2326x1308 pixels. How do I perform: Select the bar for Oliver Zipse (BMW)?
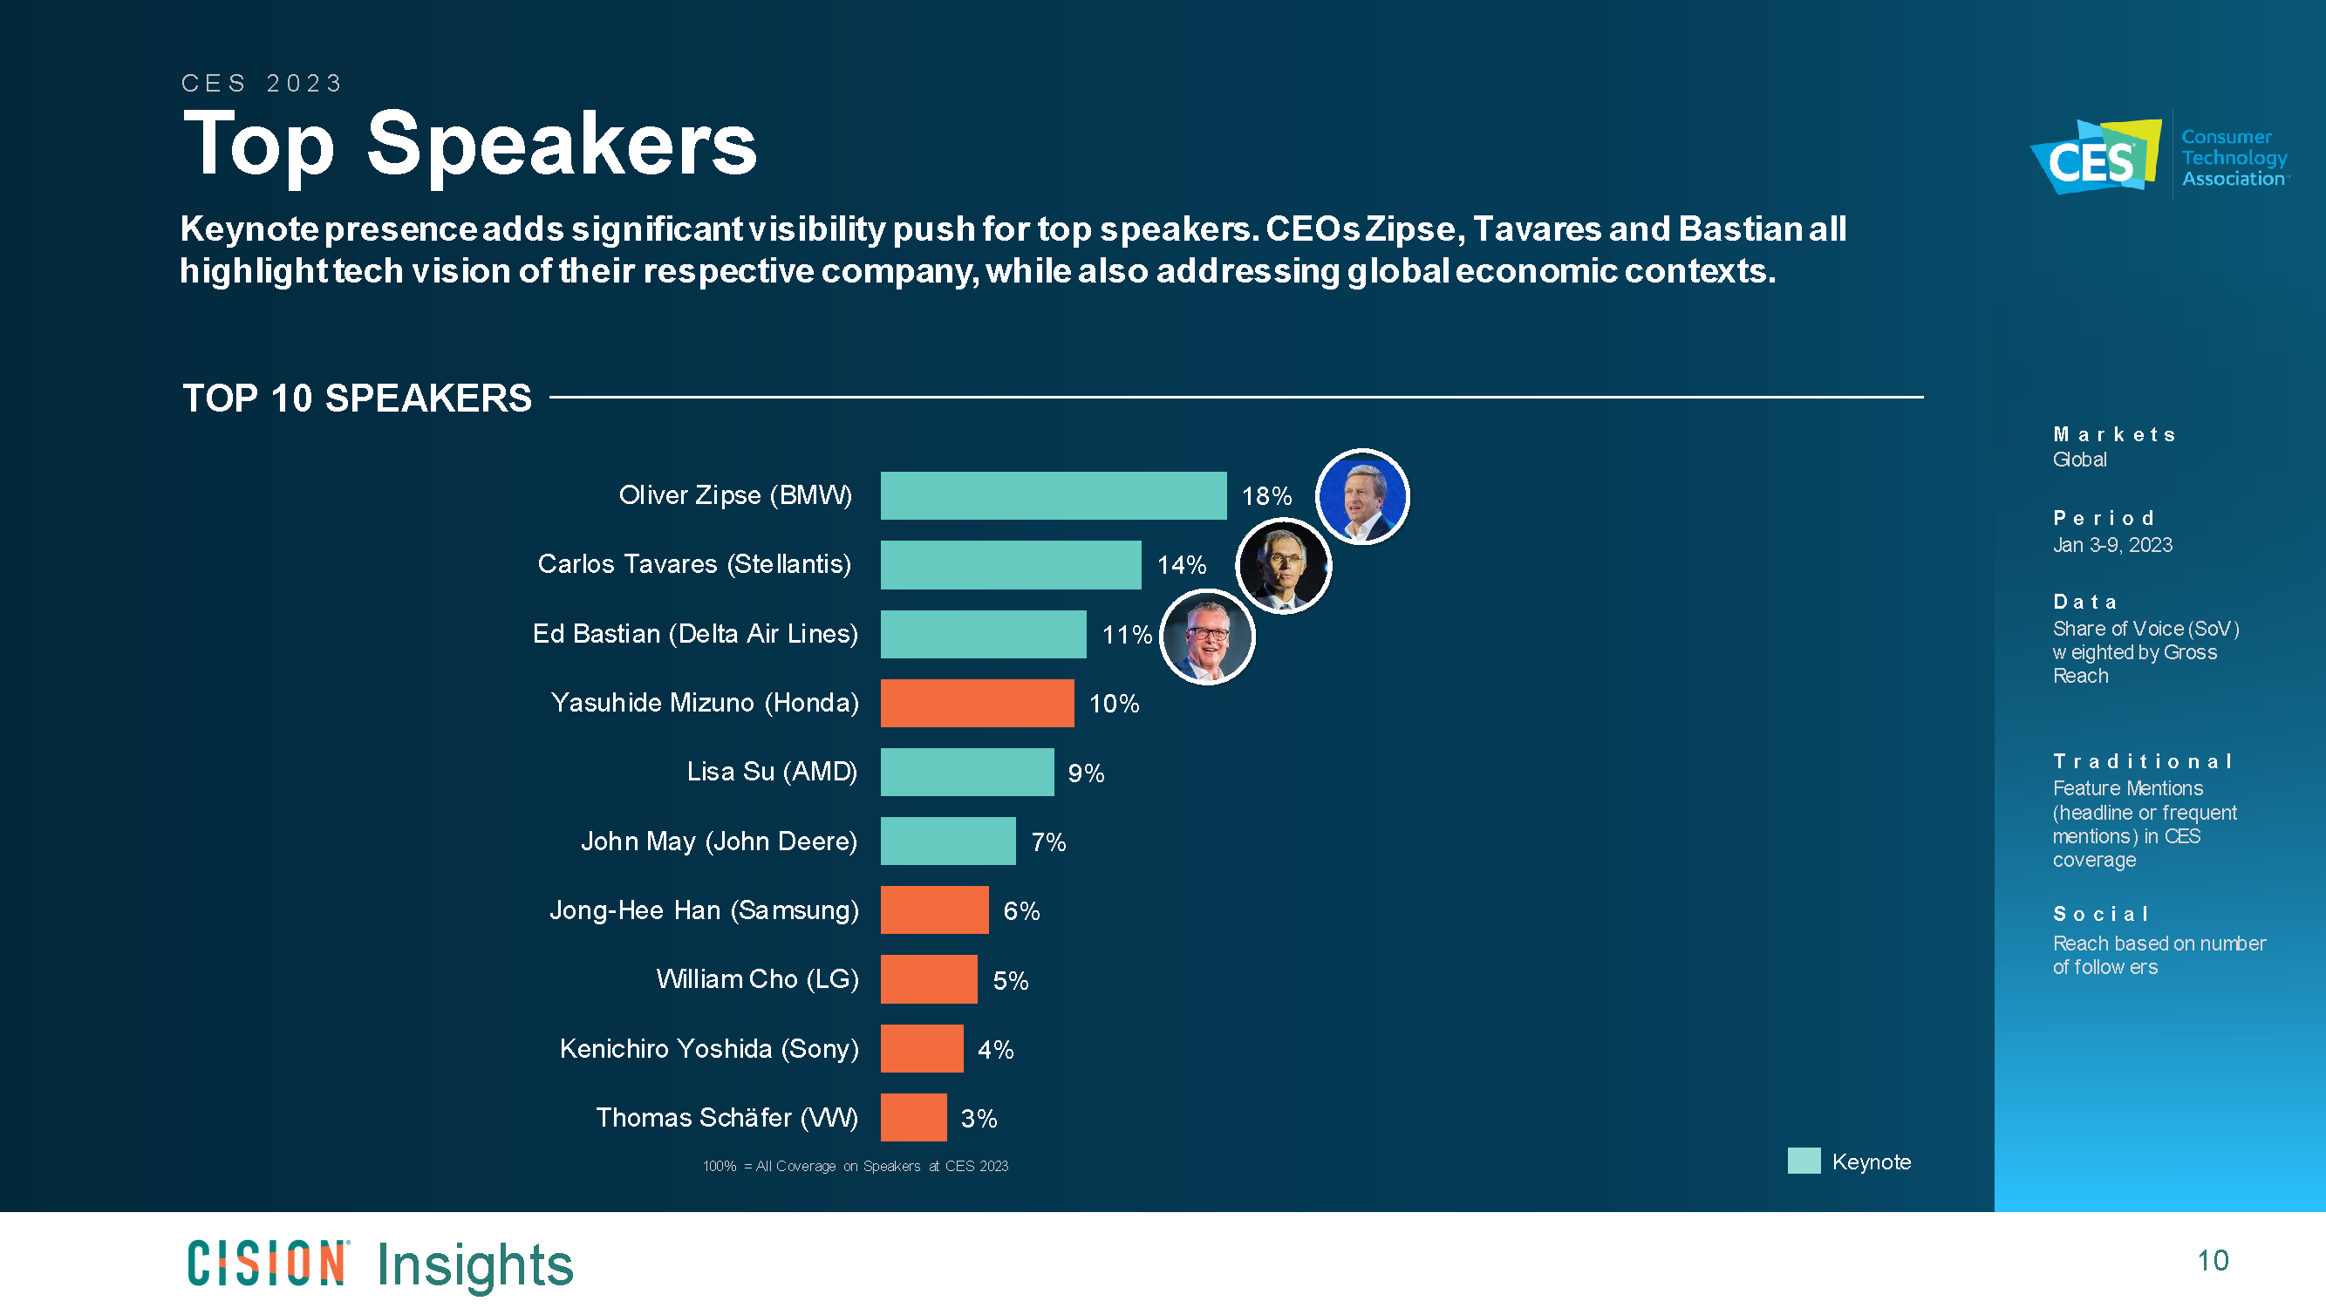tap(1053, 495)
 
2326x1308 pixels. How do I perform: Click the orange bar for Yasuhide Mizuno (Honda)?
tap(977, 703)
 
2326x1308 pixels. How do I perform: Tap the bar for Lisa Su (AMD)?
tap(967, 772)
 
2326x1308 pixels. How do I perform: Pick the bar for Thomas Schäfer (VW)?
tap(913, 1118)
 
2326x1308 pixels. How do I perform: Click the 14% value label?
tap(1181, 565)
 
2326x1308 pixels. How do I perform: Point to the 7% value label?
tap(1048, 842)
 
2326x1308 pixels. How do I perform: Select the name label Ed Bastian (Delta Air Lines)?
tap(694, 634)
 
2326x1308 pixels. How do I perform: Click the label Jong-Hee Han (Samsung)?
tap(704, 909)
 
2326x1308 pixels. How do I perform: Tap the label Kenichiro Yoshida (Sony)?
tap(709, 1049)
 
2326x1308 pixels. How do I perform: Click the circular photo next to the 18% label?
tap(1361, 496)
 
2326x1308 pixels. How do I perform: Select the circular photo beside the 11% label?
tap(1206, 637)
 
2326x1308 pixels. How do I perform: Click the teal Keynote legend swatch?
tap(1804, 1161)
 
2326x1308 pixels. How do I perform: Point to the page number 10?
tap(2213, 1260)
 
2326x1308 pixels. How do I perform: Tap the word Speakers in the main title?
tap(561, 145)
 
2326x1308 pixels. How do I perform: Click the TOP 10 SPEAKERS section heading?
tap(357, 399)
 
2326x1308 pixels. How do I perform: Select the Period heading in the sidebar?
tap(2103, 518)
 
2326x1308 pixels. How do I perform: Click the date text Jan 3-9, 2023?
tap(2112, 545)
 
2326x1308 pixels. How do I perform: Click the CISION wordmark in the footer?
tap(267, 1263)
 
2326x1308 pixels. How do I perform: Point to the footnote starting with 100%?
tap(855, 1166)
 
